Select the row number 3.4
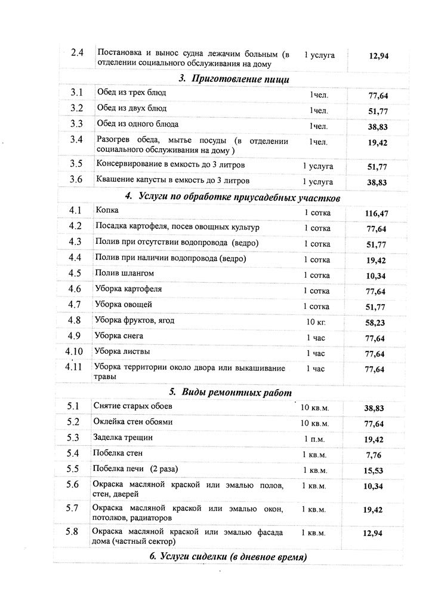(76, 140)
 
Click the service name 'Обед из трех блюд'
(132, 93)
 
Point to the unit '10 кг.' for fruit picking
(316, 322)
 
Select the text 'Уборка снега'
(119, 336)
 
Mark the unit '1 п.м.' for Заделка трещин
(314, 439)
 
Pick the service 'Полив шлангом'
(125, 273)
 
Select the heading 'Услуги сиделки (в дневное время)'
(229, 558)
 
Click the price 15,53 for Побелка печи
(374, 471)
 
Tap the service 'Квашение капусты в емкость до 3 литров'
(173, 180)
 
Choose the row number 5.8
(73, 531)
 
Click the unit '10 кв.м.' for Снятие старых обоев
(315, 408)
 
